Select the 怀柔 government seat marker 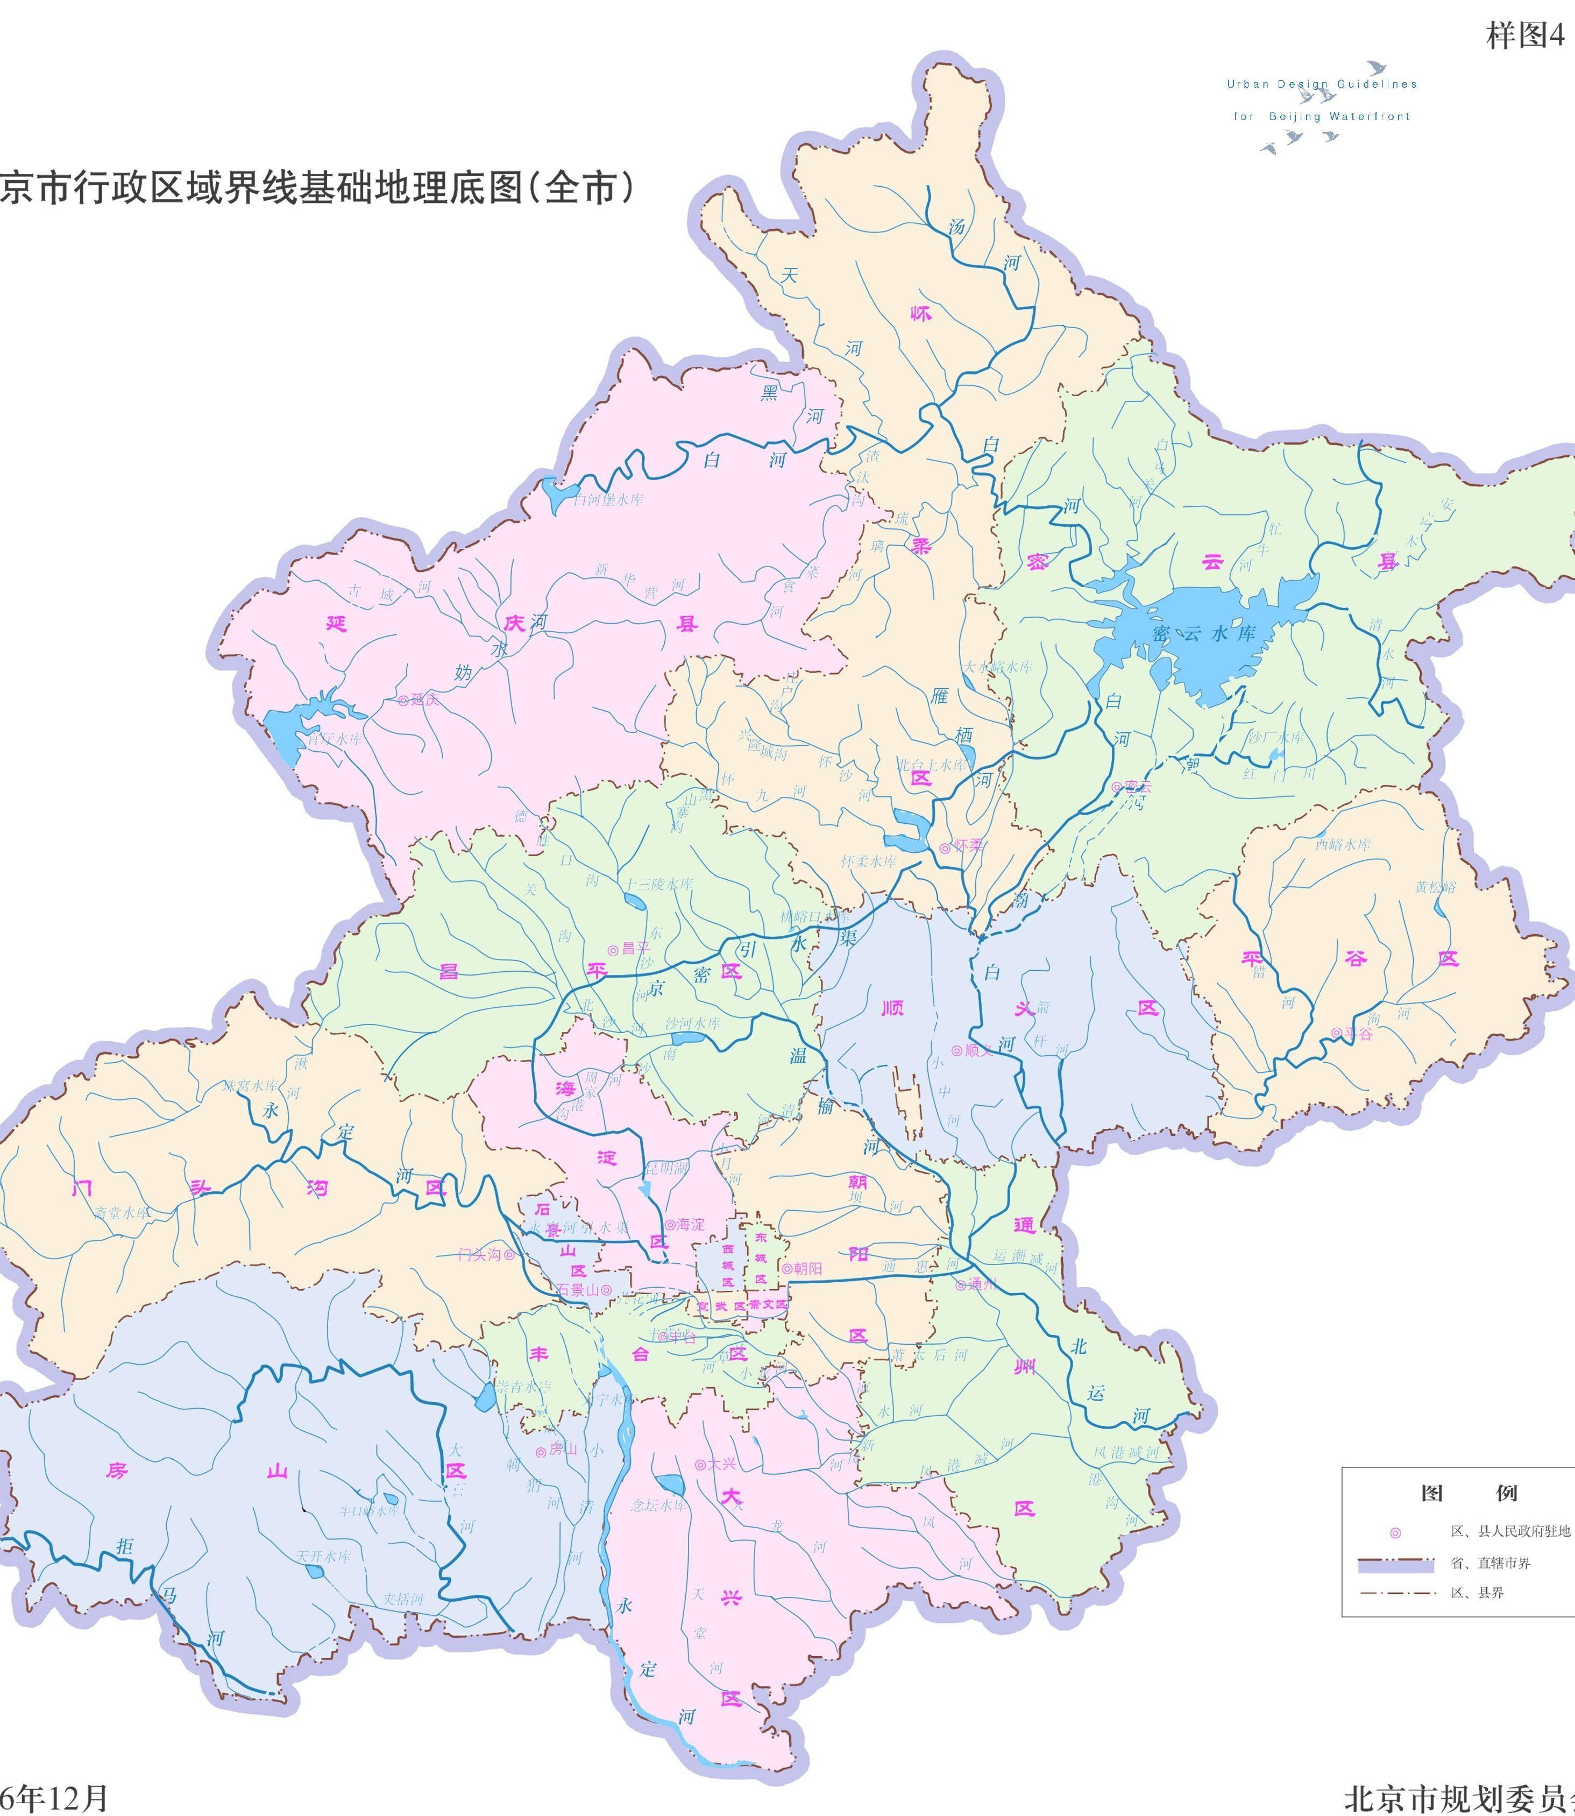pos(945,847)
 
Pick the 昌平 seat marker pos(613,949)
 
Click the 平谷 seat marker pos(1337,1034)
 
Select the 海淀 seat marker pos(670,1225)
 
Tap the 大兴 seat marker pos(700,1465)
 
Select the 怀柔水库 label pos(868,861)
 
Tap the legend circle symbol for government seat pos(1395,1533)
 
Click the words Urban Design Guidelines pos(1322,84)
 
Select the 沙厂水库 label pos(1276,738)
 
